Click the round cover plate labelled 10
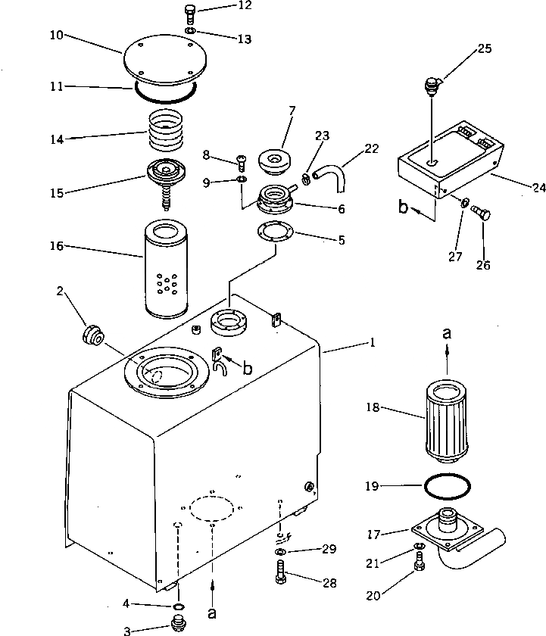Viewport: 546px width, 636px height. pyautogui.click(x=165, y=63)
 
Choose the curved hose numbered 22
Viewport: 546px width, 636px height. pyautogui.click(x=333, y=182)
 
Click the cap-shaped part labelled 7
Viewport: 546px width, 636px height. pyautogui.click(x=275, y=161)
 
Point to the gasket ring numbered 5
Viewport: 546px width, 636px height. pyautogui.click(x=278, y=231)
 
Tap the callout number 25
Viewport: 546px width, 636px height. pyautogui.click(x=485, y=48)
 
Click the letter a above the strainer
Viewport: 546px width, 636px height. pyautogui.click(x=447, y=332)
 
